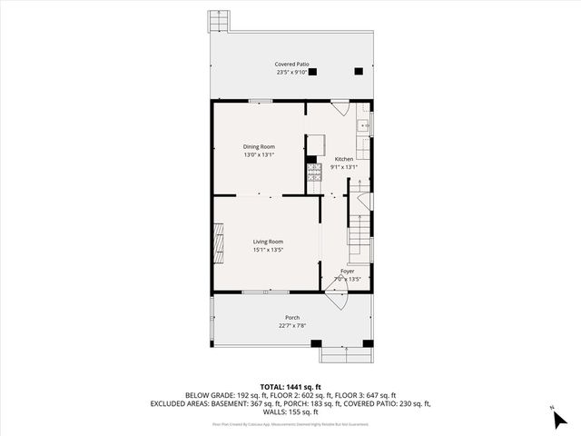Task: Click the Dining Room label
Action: [259, 146]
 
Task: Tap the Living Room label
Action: [268, 241]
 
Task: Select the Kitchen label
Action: [344, 158]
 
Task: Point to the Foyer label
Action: [347, 271]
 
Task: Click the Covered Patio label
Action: [292, 64]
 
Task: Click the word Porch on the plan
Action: [292, 317]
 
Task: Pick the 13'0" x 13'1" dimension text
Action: [259, 155]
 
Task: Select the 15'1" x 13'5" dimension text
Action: [268, 250]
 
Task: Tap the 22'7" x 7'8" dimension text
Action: [292, 326]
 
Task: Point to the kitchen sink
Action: [362, 125]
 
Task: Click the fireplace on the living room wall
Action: [216, 243]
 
